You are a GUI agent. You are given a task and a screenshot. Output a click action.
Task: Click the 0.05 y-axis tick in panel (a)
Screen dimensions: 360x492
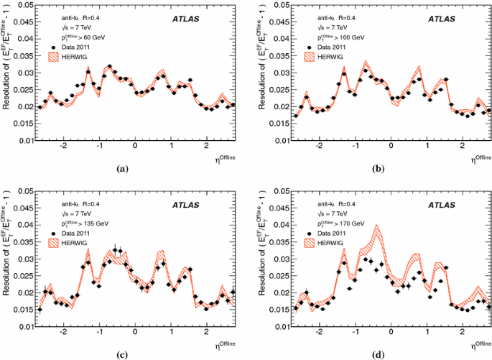click(x=24, y=5)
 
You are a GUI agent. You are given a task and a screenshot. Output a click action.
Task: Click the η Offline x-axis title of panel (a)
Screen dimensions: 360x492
click(x=223, y=158)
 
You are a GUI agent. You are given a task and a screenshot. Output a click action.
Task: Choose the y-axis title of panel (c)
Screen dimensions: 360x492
click(x=6, y=256)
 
